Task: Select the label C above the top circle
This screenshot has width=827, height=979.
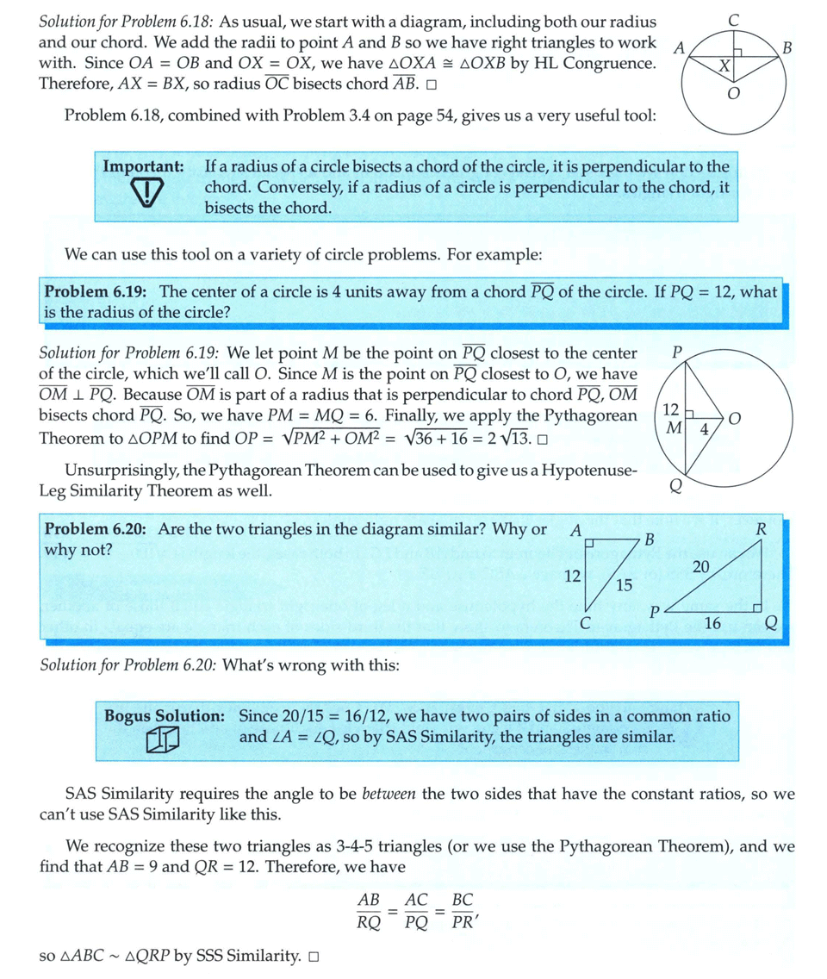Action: point(733,17)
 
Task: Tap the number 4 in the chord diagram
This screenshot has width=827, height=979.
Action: point(704,428)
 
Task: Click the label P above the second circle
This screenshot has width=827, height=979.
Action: point(676,352)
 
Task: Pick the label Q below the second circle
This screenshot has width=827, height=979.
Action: point(676,487)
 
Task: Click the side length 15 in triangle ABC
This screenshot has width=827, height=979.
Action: point(625,585)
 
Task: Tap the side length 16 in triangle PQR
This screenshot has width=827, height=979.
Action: point(712,624)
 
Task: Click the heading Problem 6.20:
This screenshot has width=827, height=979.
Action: point(98,529)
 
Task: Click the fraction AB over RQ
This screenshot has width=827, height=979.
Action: point(370,911)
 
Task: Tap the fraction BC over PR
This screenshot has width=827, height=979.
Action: point(463,911)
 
